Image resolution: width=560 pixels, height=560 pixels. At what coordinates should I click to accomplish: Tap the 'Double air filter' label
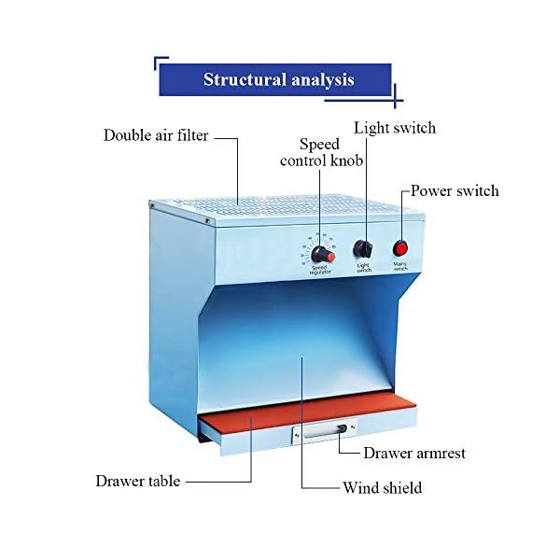(x=155, y=136)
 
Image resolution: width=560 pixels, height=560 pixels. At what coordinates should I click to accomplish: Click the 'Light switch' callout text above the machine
(x=395, y=128)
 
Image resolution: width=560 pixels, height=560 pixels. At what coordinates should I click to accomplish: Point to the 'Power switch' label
(x=455, y=191)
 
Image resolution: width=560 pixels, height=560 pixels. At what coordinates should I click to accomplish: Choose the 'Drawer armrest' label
(x=414, y=454)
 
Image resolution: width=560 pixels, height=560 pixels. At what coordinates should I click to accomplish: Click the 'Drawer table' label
(x=137, y=482)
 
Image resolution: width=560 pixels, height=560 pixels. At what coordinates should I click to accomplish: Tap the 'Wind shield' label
(x=382, y=488)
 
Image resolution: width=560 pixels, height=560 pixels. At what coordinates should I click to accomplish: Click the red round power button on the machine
(x=400, y=249)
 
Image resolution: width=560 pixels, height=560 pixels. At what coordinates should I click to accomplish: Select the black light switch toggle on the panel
(x=363, y=249)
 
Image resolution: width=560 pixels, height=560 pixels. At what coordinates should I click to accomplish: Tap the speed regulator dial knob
(x=322, y=254)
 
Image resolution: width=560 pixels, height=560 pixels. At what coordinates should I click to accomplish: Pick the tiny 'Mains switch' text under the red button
(x=399, y=266)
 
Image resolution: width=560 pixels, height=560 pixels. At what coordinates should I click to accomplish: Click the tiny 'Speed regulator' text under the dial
(x=321, y=270)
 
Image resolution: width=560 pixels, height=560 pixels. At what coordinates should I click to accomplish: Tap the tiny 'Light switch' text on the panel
(x=364, y=267)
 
